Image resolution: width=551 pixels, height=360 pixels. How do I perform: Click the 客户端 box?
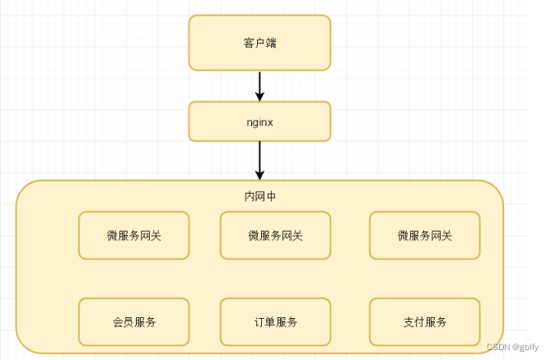pyautogui.click(x=259, y=43)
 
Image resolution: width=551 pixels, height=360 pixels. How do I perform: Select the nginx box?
pyautogui.click(x=259, y=121)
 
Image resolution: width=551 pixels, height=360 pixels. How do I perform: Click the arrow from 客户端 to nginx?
pyautogui.click(x=259, y=84)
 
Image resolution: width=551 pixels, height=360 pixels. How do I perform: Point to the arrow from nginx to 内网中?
pyautogui.click(x=259, y=158)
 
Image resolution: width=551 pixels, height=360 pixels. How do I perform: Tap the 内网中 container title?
pyautogui.click(x=259, y=197)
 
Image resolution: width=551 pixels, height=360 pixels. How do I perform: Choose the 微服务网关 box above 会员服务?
pyautogui.click(x=133, y=236)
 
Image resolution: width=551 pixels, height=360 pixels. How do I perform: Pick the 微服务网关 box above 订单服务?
pyautogui.click(x=275, y=236)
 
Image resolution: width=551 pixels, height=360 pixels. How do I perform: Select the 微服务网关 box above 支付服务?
pyautogui.click(x=424, y=236)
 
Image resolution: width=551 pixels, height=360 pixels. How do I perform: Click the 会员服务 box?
pyautogui.click(x=133, y=321)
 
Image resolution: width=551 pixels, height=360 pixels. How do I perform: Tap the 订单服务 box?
pyautogui.click(x=275, y=321)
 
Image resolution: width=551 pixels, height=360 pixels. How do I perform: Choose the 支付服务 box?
pyautogui.click(x=424, y=321)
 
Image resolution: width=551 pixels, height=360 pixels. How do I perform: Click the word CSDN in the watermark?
pyautogui.click(x=498, y=348)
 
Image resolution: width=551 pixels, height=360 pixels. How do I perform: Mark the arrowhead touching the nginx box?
pyautogui.click(x=259, y=96)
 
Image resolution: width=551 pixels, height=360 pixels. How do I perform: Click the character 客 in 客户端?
pyautogui.click(x=249, y=43)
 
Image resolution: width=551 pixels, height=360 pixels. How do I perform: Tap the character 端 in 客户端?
pyautogui.click(x=271, y=43)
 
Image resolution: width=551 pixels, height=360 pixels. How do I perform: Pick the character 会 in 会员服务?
pyautogui.click(x=118, y=321)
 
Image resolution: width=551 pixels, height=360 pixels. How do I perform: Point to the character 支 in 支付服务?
pyautogui.click(x=409, y=321)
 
